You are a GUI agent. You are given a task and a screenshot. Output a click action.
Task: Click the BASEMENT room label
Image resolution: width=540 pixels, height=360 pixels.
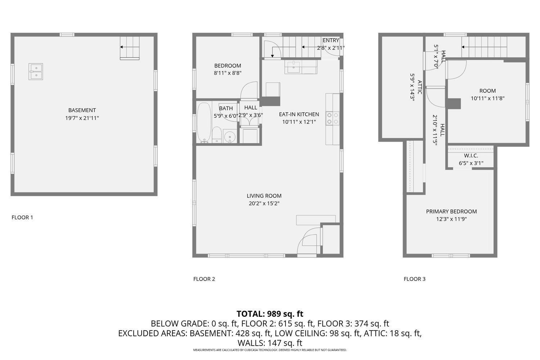click(82, 110)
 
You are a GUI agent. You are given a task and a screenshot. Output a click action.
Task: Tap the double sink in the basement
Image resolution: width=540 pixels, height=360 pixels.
click(36, 72)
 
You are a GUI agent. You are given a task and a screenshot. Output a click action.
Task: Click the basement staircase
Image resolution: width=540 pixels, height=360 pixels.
click(130, 48)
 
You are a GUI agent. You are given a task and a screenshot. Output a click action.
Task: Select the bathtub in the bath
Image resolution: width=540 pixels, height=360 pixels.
click(204, 123)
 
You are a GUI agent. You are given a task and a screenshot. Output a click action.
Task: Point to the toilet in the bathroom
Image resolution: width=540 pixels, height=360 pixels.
click(217, 135)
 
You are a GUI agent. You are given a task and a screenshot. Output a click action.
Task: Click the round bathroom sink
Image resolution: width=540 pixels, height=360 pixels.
click(230, 136)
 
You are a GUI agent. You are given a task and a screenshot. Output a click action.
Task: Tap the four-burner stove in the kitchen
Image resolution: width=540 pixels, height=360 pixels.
click(332, 118)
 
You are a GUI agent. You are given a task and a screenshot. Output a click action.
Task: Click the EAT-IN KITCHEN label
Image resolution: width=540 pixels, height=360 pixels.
click(299, 114)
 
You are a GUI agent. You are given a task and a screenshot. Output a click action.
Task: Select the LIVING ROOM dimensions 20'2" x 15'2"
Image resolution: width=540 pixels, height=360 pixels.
click(264, 203)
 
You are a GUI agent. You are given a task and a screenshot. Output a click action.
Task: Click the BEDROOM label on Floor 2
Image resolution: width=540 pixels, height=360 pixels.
click(228, 66)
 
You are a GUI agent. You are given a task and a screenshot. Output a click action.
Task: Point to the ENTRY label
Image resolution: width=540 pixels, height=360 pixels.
click(331, 41)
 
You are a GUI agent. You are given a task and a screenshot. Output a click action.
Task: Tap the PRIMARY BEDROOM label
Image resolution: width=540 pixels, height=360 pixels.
click(451, 211)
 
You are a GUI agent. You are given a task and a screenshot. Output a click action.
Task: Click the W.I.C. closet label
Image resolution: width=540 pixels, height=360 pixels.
click(471, 156)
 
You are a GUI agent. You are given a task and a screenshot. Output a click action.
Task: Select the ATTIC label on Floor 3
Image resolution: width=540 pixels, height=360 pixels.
click(419, 87)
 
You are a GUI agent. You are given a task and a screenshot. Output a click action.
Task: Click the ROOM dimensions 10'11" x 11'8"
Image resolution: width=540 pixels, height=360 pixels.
click(487, 98)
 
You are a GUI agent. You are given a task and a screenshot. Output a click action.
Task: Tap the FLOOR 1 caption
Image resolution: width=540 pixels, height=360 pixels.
click(22, 217)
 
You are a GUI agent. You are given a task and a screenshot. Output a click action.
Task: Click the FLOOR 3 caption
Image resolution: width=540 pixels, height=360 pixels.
click(414, 279)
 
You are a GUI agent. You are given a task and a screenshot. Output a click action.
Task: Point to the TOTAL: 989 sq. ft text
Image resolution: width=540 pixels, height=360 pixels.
click(270, 314)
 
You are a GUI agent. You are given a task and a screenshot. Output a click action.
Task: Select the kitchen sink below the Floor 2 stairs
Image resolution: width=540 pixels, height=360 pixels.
click(293, 67)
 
